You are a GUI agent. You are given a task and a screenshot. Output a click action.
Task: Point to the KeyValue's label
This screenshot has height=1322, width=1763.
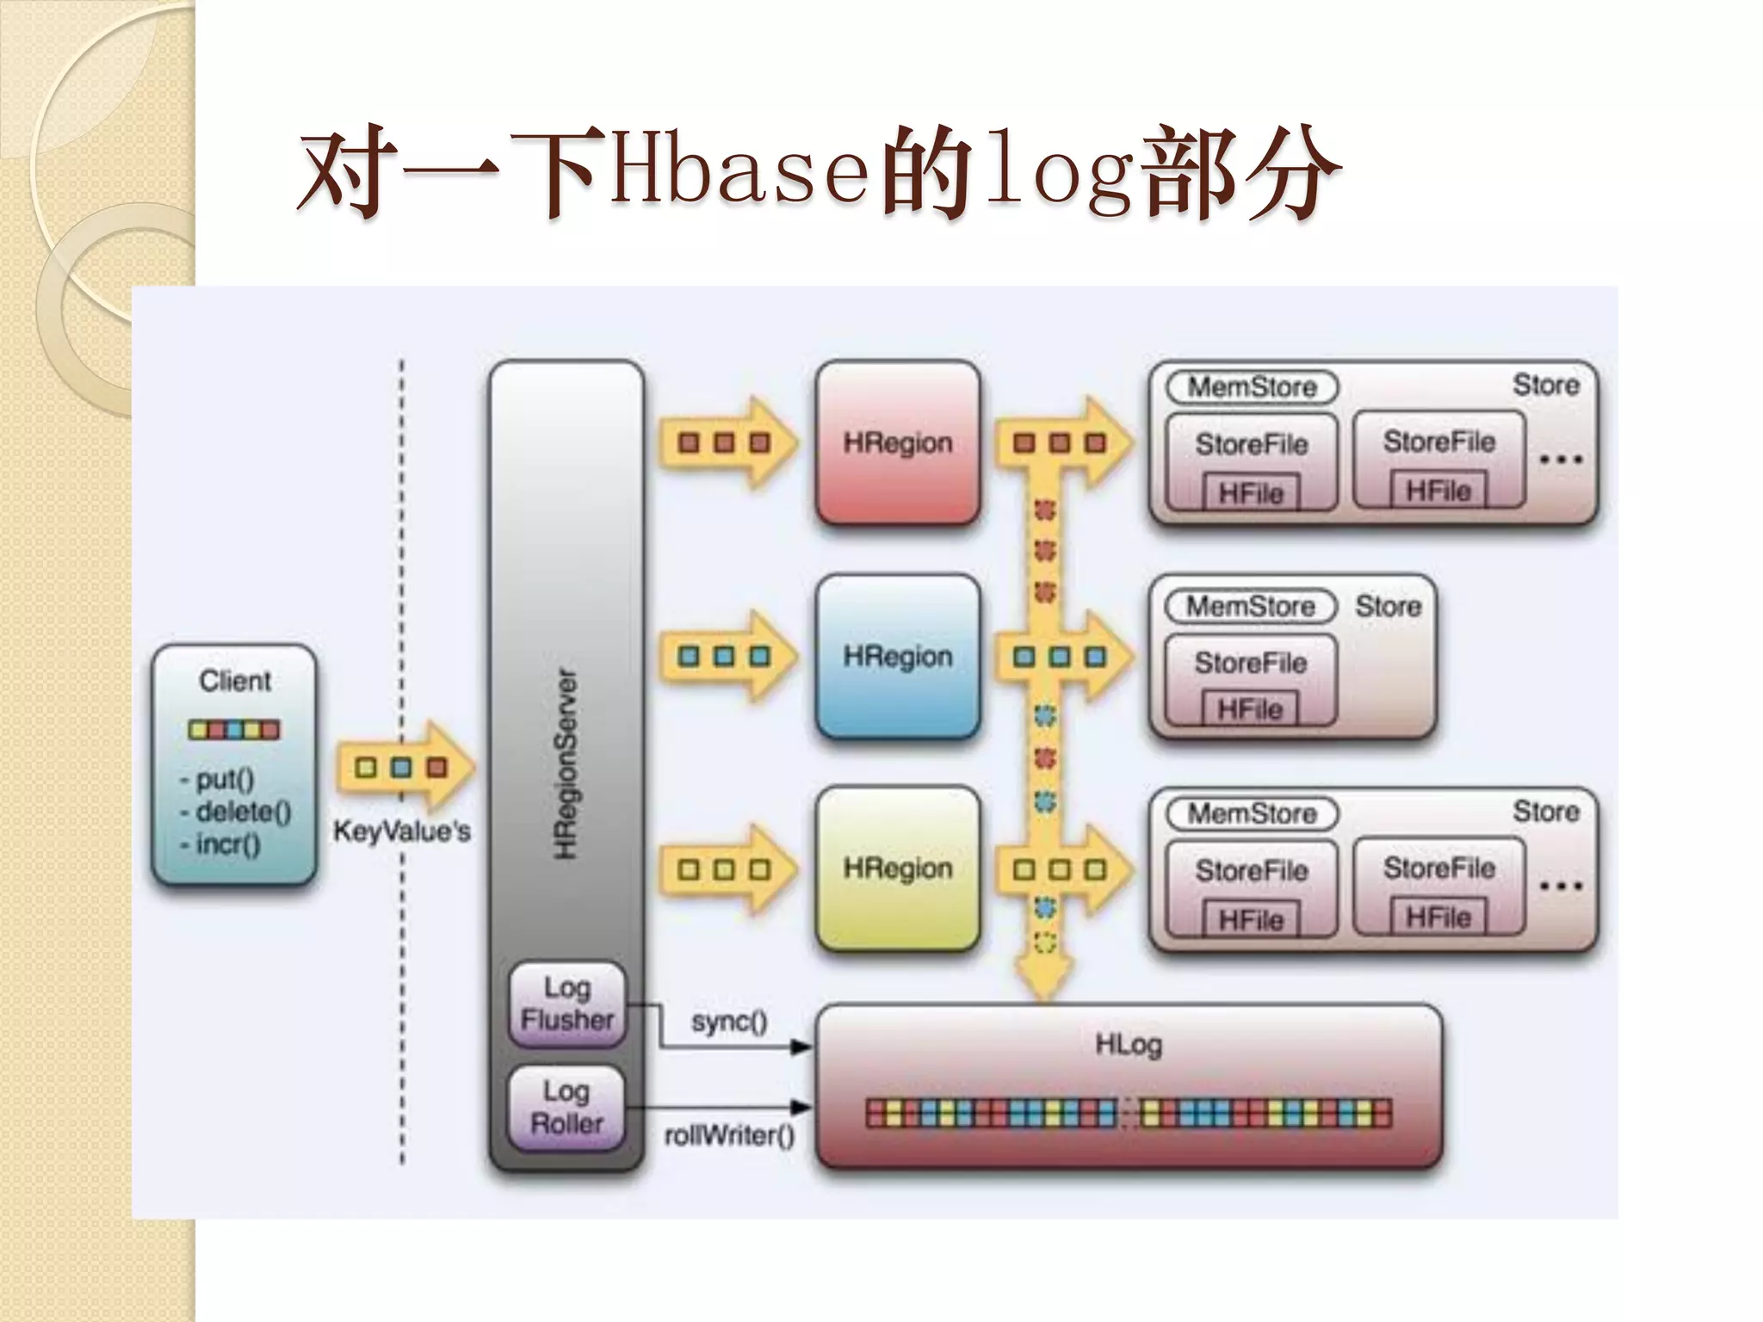click(401, 831)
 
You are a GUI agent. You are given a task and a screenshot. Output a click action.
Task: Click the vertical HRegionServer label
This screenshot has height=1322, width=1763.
click(566, 764)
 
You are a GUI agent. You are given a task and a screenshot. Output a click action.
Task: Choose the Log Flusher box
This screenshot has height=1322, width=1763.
click(566, 1004)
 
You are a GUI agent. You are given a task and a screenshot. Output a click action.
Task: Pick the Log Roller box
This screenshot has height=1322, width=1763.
click(566, 1108)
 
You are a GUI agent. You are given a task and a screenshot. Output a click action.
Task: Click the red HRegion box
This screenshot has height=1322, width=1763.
click(898, 442)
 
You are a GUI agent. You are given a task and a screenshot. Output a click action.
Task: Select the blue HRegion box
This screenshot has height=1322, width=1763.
click(898, 657)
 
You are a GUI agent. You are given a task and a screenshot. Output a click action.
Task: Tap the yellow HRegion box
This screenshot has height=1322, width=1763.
click(898, 868)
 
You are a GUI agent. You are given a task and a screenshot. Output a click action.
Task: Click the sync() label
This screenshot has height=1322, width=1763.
click(729, 1022)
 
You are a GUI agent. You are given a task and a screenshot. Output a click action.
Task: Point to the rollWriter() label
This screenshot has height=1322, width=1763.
click(729, 1136)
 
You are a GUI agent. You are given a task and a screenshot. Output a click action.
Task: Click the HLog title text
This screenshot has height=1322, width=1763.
click(1128, 1045)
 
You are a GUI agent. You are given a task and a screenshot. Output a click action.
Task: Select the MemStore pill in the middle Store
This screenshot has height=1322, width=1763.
click(1251, 606)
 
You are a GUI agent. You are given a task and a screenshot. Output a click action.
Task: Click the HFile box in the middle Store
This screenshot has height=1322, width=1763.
click(1250, 709)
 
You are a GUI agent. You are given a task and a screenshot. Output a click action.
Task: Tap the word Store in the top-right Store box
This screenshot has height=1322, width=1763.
click(1546, 385)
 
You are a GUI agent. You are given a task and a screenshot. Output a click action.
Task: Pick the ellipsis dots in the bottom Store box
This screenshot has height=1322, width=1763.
click(1560, 886)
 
